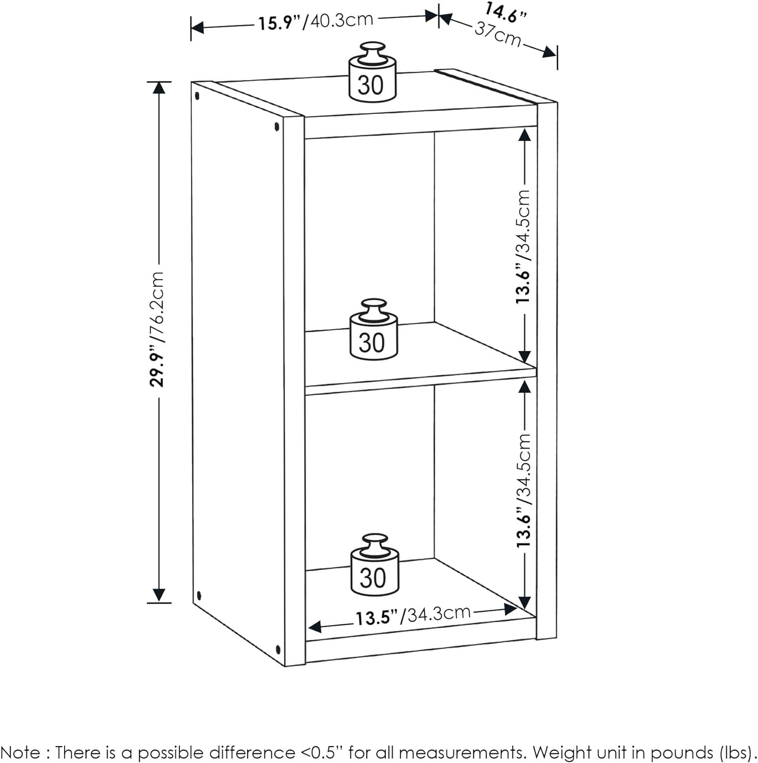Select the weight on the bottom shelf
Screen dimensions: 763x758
click(375, 567)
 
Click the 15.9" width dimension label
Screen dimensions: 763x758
click(315, 21)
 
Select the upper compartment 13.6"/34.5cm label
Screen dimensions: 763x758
click(523, 247)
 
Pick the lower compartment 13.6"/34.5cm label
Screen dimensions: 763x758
click(523, 491)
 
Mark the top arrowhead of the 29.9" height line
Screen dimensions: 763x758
click(159, 88)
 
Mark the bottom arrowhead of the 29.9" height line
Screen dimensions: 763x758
click(159, 595)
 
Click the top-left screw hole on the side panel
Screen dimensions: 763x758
click(197, 95)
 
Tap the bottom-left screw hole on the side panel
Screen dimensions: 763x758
click(199, 594)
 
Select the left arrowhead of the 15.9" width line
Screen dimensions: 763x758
click(197, 27)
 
